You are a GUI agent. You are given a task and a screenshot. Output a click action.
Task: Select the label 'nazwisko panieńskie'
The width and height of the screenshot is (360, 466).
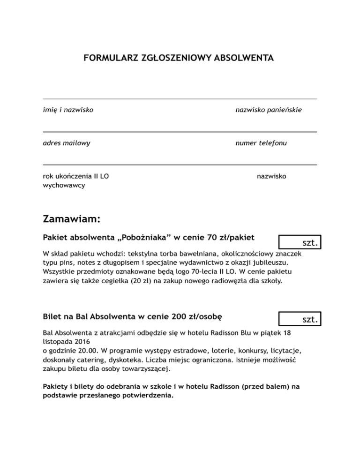click(x=269, y=110)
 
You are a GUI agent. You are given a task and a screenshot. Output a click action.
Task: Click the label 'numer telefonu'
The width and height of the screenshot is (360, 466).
click(x=261, y=143)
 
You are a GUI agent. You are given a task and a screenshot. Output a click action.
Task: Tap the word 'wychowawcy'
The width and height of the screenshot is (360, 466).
click(x=63, y=185)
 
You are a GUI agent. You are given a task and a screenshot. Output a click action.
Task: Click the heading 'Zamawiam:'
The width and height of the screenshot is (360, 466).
click(x=71, y=219)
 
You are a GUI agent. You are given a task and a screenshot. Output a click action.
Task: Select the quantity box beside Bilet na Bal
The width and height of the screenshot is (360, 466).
click(x=299, y=319)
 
